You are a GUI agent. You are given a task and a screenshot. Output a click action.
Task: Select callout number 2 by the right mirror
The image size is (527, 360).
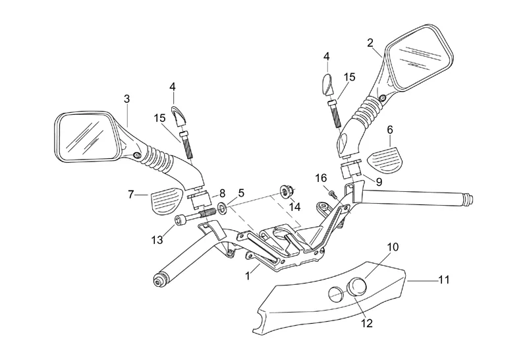(x=371, y=44)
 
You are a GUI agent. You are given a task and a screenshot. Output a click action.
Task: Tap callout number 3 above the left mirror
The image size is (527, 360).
(x=126, y=98)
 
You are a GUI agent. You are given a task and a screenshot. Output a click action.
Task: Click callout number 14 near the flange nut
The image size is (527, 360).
(x=295, y=206)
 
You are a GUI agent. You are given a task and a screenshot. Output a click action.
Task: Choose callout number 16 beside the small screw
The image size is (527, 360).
(x=321, y=177)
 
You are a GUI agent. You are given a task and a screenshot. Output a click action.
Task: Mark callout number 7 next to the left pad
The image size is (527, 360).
(x=131, y=194)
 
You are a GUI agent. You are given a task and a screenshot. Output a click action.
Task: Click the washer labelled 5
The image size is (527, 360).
(x=223, y=209)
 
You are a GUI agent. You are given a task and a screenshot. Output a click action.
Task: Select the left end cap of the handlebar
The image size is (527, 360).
(x=159, y=282)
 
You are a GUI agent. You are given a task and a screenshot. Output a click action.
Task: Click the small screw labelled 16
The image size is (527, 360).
(x=333, y=193)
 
